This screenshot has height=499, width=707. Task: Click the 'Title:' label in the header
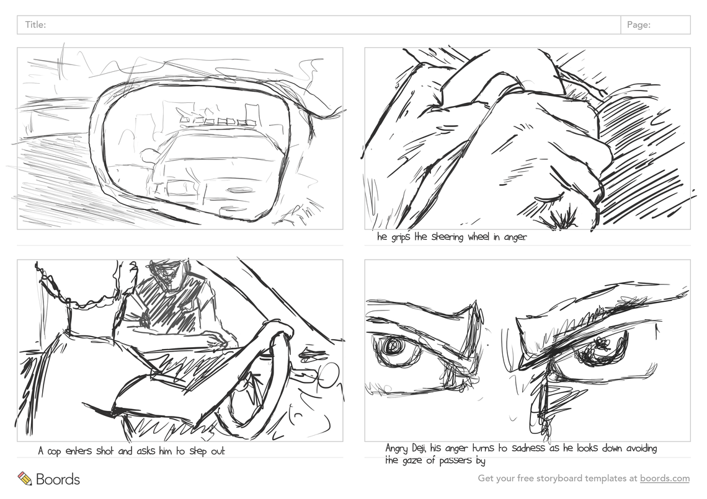click(35, 25)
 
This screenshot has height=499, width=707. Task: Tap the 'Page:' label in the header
click(638, 25)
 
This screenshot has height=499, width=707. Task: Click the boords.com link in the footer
click(665, 479)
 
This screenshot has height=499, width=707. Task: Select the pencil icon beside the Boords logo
click(24, 479)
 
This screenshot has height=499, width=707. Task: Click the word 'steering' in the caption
click(447, 237)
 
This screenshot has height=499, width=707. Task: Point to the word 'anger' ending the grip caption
click(515, 237)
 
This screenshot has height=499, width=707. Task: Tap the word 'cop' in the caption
click(54, 452)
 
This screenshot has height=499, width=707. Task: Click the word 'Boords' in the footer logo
click(58, 479)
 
